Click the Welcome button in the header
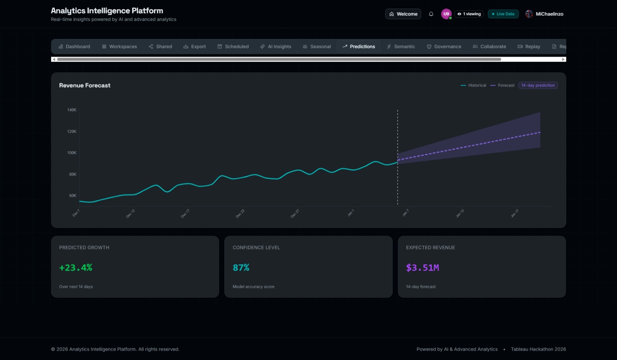point(403,14)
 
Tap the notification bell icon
point(431,14)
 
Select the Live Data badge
point(503,14)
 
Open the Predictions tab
point(358,47)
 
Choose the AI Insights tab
point(275,47)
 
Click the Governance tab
point(444,47)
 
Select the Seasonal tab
point(316,47)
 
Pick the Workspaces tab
point(119,47)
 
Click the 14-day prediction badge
point(538,85)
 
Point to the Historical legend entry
point(474,85)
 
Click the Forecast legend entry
point(503,85)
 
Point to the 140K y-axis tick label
point(72,110)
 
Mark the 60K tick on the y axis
point(72,196)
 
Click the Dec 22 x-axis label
point(240,213)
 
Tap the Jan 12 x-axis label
point(460,213)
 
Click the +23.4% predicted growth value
point(76,268)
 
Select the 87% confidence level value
point(241,268)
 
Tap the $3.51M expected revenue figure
point(422,268)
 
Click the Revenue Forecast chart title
point(85,85)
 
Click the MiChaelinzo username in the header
point(549,14)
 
